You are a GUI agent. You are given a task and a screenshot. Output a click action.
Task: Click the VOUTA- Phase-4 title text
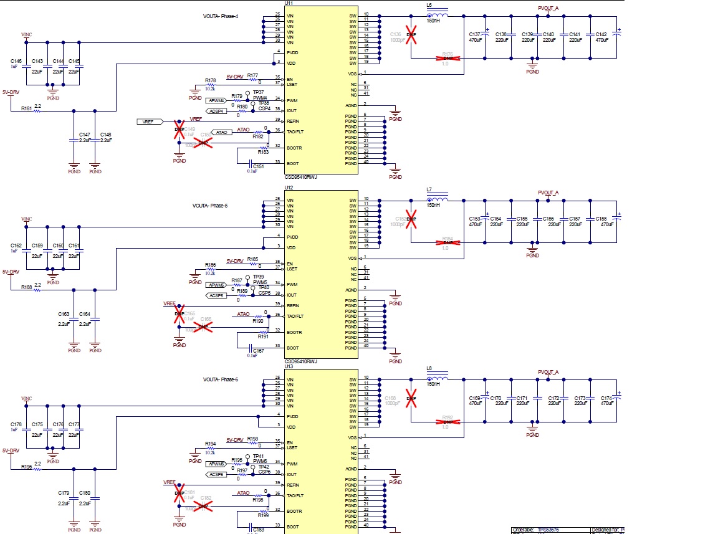click(x=220, y=16)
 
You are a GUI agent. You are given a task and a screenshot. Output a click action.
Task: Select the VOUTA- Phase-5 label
click(x=210, y=205)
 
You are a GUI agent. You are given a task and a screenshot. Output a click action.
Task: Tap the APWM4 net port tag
click(x=216, y=100)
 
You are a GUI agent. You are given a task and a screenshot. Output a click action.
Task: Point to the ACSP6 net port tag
click(x=216, y=474)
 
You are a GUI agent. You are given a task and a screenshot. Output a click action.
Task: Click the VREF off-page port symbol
click(x=150, y=122)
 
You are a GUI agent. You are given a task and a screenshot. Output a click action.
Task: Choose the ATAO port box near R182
click(x=221, y=132)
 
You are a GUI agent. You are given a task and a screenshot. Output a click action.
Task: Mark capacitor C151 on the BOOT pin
click(x=252, y=163)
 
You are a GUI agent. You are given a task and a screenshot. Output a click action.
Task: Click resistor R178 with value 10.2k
click(x=210, y=85)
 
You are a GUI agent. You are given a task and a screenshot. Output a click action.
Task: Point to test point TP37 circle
click(x=247, y=93)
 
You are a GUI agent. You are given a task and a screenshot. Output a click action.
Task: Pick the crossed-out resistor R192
click(x=447, y=422)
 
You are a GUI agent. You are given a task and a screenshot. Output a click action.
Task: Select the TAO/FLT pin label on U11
click(x=295, y=131)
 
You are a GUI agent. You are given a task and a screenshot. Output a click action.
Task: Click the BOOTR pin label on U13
click(x=294, y=512)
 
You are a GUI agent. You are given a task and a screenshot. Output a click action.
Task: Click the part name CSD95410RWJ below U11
click(x=300, y=177)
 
